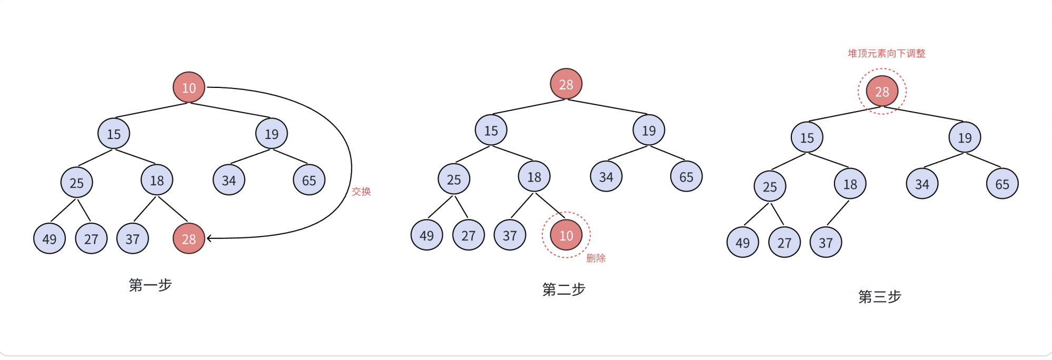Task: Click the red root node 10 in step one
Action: tap(188, 87)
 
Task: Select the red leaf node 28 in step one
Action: tap(188, 238)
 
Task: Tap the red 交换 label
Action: tap(361, 192)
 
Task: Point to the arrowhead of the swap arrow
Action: tap(209, 238)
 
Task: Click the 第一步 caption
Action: tap(151, 285)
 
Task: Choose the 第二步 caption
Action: tap(564, 289)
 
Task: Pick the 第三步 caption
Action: tap(880, 296)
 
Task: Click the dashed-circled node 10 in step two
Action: tap(566, 235)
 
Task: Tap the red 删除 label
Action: tap(596, 258)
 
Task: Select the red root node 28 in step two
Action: tap(566, 84)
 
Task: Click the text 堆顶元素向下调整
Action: tap(886, 53)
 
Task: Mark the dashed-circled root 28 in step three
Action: tap(882, 92)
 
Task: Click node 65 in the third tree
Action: tap(1002, 184)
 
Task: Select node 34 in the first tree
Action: tap(229, 180)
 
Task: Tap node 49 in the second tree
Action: tap(426, 235)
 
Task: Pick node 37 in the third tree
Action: tap(826, 242)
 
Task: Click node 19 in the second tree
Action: tap(649, 130)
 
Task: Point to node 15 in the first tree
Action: tap(114, 134)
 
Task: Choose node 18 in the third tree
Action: tap(850, 184)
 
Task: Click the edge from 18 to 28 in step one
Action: tap(173, 209)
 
